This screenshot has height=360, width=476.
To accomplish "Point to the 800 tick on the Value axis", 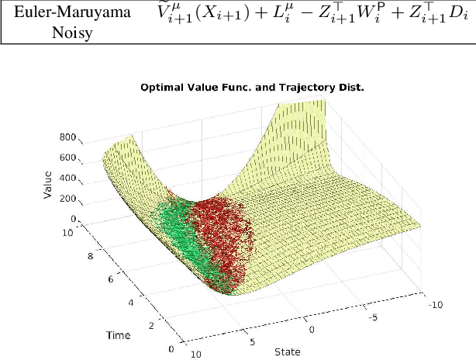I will (x=68, y=137).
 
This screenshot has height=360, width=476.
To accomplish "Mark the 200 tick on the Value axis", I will (x=68, y=199).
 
